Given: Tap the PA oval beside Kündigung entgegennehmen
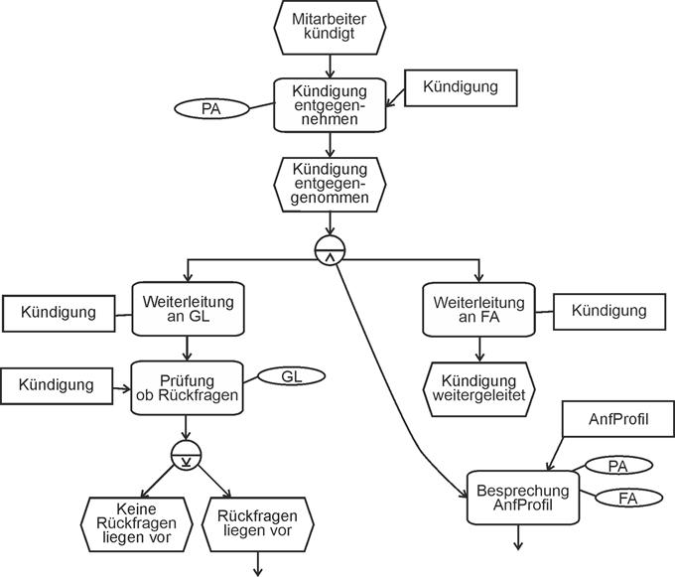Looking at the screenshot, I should coord(210,108).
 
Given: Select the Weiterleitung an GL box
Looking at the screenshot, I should coord(189,310).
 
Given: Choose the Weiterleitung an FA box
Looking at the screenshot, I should coord(479,310).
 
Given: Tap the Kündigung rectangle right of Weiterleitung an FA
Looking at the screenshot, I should coord(608,311).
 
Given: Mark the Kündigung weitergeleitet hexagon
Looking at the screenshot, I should coord(479,387).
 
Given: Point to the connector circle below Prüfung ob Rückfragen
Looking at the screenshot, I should coord(188,456).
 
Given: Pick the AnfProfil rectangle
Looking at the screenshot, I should coord(610,420).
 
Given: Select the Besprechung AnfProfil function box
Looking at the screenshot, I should coord(522,498).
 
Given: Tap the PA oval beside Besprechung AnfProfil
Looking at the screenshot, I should coord(618,465).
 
